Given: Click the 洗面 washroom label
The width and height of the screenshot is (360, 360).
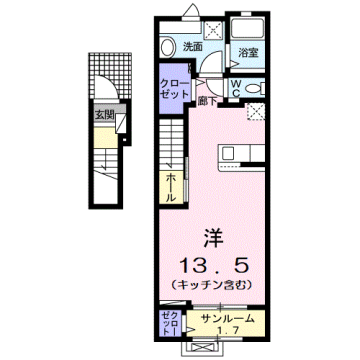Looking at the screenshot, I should pyautogui.click(x=193, y=46).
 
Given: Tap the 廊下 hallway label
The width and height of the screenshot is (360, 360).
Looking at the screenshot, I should pyautogui.click(x=207, y=100).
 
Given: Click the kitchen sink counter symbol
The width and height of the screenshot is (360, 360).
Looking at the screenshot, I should pyautogui.click(x=241, y=155).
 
